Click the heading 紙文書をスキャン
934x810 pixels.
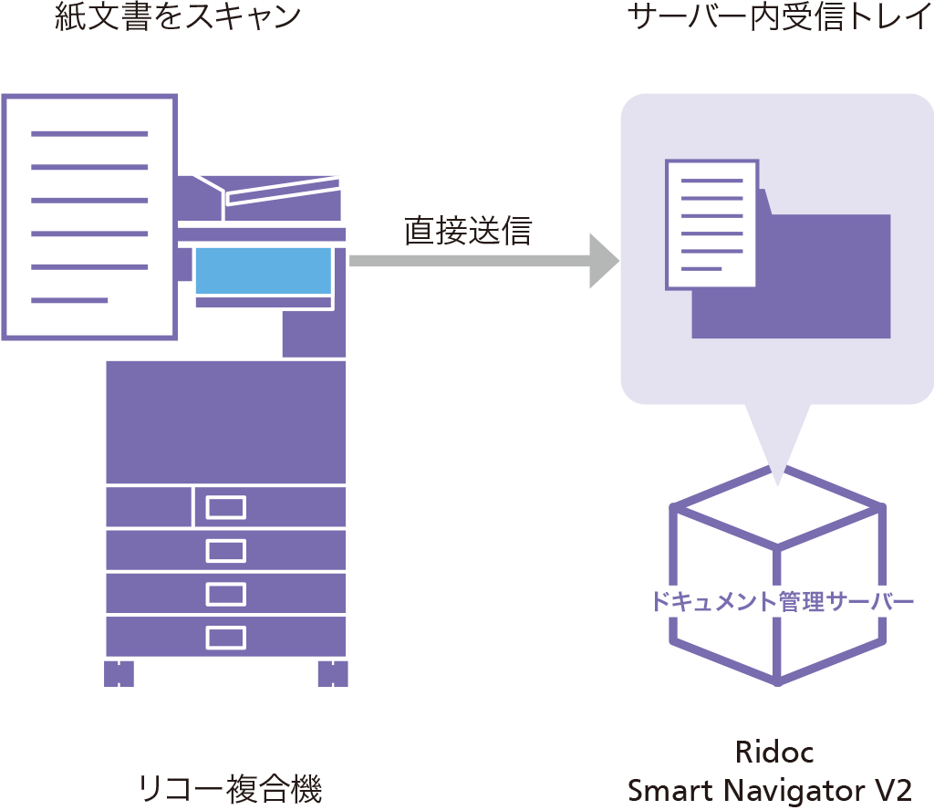177,17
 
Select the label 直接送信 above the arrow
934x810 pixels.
467,231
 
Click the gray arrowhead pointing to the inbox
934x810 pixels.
603,261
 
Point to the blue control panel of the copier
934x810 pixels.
263,270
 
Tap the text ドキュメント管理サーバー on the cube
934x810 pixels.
781,602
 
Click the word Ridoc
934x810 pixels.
773,753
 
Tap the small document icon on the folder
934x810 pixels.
711,223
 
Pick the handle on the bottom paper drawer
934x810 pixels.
225,637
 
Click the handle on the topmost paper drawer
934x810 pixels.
225,507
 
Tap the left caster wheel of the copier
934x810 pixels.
119,673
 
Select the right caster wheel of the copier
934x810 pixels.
333,673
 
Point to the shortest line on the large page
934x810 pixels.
69,300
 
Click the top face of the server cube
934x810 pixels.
778,511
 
